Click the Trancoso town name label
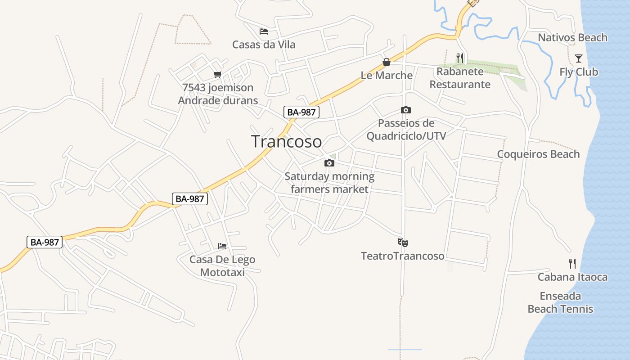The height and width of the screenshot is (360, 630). coord(287,141)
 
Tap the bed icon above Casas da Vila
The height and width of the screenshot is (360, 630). coord(264,31)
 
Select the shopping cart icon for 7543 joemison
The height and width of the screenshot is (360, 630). coord(218,74)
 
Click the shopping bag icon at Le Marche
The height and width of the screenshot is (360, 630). coord(386,62)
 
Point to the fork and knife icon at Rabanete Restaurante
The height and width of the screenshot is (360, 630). coord(459,58)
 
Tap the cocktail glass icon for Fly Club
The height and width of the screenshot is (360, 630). coord(579,58)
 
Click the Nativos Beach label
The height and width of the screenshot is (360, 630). coord(572,38)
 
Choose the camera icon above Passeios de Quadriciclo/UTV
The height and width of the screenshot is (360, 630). coord(405,110)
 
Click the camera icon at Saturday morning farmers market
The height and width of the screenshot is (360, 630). coord(329,163)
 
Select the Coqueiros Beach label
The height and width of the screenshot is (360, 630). coord(538,154)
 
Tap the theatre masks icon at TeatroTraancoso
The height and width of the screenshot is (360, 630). coord(403,243)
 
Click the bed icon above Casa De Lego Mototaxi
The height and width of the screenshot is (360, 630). coord(222,246)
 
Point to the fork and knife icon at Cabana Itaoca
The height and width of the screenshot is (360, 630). coord(572,264)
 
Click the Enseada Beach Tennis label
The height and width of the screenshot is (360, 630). coord(560,302)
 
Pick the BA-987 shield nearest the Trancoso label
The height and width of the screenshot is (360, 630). coord(301,112)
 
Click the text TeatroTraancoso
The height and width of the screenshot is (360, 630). coord(402,256)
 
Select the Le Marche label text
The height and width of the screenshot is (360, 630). coord(387,75)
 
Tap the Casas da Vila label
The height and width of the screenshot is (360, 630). coord(264,45)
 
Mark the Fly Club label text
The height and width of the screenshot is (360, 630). coord(579,72)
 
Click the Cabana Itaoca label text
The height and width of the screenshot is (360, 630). coord(572,277)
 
